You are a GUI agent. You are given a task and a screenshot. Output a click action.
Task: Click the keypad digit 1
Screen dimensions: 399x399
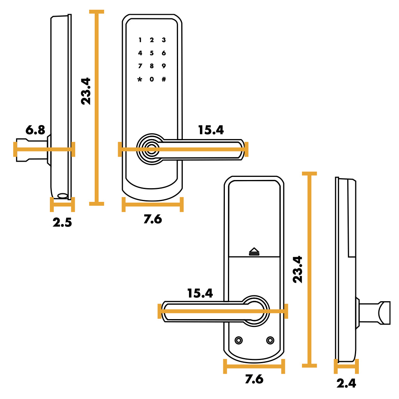(x=140, y=40)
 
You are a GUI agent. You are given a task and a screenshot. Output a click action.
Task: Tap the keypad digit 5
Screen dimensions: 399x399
(x=152, y=53)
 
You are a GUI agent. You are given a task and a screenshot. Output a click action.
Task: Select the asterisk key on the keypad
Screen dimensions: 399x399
(x=140, y=79)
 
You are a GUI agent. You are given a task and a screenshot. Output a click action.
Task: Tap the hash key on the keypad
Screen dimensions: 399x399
(x=164, y=79)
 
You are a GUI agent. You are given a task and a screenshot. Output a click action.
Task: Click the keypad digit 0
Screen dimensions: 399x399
(x=152, y=79)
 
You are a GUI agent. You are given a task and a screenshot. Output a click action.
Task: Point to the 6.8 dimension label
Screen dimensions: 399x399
(x=35, y=130)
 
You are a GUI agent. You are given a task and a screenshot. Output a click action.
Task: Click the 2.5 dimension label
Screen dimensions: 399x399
(x=62, y=222)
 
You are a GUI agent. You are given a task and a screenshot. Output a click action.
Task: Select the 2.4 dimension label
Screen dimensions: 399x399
(x=346, y=383)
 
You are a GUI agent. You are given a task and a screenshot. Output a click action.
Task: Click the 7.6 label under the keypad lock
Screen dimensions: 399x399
(x=153, y=219)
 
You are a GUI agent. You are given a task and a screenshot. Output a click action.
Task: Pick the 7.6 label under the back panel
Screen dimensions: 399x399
(x=254, y=379)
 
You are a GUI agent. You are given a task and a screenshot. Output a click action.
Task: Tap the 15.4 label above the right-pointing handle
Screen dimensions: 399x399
(x=211, y=130)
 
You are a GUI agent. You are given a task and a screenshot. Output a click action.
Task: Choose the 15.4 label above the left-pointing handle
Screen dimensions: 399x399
(x=200, y=293)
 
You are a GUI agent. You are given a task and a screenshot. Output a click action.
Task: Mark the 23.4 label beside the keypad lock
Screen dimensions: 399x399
(x=86, y=91)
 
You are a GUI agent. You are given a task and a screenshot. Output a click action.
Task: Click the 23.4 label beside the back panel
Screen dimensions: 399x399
(x=297, y=270)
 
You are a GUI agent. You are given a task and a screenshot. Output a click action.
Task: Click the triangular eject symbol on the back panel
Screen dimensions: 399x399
(x=254, y=251)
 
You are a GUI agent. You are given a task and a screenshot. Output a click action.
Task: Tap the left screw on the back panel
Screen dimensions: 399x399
(x=238, y=340)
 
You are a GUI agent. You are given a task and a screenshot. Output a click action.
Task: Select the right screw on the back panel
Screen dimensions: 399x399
(x=270, y=340)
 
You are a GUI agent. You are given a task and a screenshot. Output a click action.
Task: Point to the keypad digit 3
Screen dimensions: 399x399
(x=164, y=40)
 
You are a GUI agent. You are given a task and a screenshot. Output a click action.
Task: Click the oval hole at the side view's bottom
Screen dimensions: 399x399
(x=62, y=196)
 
